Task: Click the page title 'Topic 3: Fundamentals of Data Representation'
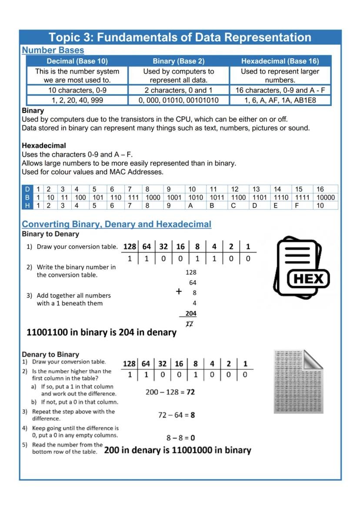180,37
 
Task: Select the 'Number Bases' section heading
53,50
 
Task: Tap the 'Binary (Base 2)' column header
178,61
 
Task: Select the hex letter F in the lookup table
297,205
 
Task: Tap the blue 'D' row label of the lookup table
27,190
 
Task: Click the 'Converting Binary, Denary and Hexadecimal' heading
117,224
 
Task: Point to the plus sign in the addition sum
178,292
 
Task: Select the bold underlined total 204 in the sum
190,313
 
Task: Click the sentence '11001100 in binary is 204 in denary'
102,333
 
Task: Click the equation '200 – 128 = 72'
170,392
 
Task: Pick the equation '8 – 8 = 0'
180,438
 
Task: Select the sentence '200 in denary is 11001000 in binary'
177,450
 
